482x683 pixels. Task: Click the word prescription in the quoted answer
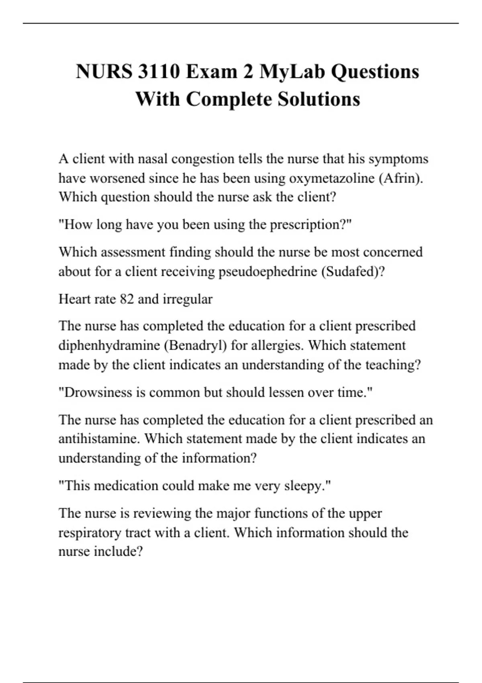308,225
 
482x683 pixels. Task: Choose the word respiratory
90,533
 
